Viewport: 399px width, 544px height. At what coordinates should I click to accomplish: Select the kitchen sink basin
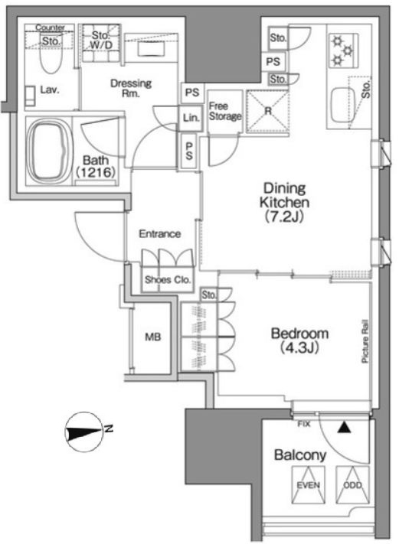click(343, 104)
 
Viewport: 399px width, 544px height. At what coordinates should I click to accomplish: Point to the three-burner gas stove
click(343, 50)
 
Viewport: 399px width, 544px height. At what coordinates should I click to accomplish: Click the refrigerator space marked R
click(267, 112)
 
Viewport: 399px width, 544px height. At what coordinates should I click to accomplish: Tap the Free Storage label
click(225, 111)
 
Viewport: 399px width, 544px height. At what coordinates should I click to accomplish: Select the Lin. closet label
click(191, 118)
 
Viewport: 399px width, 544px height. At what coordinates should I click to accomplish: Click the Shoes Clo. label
click(168, 279)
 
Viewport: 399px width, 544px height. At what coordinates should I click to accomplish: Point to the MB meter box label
click(153, 337)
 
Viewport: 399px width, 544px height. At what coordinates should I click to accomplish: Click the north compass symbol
click(85, 432)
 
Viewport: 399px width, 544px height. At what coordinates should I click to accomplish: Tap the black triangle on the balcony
click(344, 428)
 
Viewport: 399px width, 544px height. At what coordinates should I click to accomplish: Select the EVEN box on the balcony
click(309, 484)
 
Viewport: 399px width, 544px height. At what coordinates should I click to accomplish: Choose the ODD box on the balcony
click(352, 484)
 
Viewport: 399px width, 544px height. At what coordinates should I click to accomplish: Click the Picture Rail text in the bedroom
click(365, 341)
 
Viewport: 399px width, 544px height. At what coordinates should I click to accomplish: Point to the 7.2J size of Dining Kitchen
click(284, 217)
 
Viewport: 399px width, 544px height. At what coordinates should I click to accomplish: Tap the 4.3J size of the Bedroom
click(299, 347)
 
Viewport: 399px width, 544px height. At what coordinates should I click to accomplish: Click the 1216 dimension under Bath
click(96, 172)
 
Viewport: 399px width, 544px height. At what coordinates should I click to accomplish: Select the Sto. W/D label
click(101, 40)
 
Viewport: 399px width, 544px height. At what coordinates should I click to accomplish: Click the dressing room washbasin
click(151, 48)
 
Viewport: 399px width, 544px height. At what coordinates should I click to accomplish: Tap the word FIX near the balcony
click(304, 424)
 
